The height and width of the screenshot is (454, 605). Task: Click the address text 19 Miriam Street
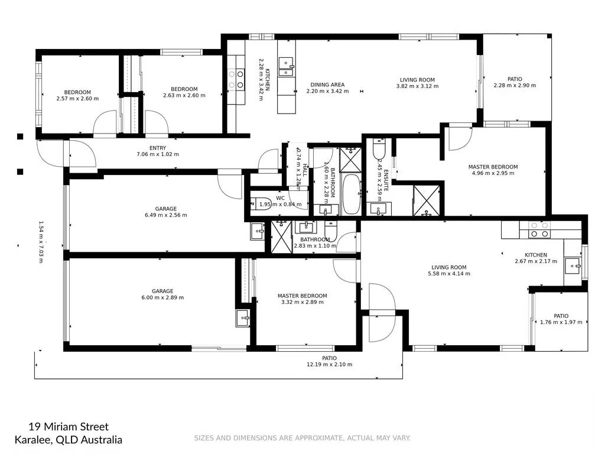[x=69, y=427]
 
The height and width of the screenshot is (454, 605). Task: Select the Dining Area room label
[x=327, y=85]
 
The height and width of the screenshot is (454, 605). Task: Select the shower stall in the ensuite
[x=426, y=200]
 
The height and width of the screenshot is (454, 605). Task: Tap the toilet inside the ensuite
[x=379, y=148]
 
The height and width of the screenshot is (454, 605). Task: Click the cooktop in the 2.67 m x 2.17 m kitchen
[x=538, y=229]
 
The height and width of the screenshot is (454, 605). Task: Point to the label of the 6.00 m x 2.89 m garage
[x=162, y=291]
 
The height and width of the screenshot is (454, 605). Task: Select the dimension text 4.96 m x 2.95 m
[x=494, y=173]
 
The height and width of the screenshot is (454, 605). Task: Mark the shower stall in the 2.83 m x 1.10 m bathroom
[x=282, y=236]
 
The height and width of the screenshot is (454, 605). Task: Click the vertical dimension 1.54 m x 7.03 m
[x=41, y=242]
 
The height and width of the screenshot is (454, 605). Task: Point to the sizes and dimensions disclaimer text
[x=302, y=438]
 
